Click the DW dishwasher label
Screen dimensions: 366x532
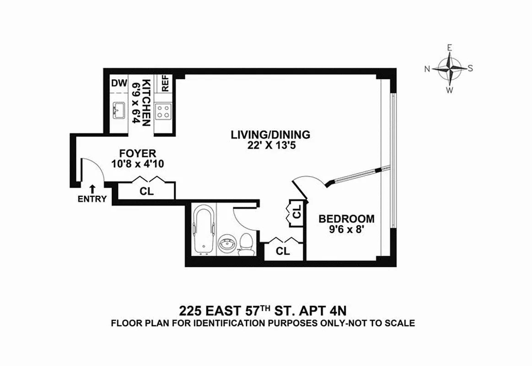click(119, 83)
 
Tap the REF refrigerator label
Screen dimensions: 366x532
click(165, 83)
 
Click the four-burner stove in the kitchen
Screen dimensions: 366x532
click(163, 111)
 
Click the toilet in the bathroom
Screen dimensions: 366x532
click(247, 242)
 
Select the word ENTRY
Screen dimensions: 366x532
click(92, 199)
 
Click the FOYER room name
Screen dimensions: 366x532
click(138, 153)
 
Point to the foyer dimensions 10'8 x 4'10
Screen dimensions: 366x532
click(138, 163)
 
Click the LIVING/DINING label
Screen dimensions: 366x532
click(270, 135)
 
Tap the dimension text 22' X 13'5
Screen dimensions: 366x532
click(270, 145)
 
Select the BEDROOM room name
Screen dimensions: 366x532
click(346, 219)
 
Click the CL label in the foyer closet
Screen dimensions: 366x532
click(146, 192)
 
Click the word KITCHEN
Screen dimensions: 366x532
click(146, 103)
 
